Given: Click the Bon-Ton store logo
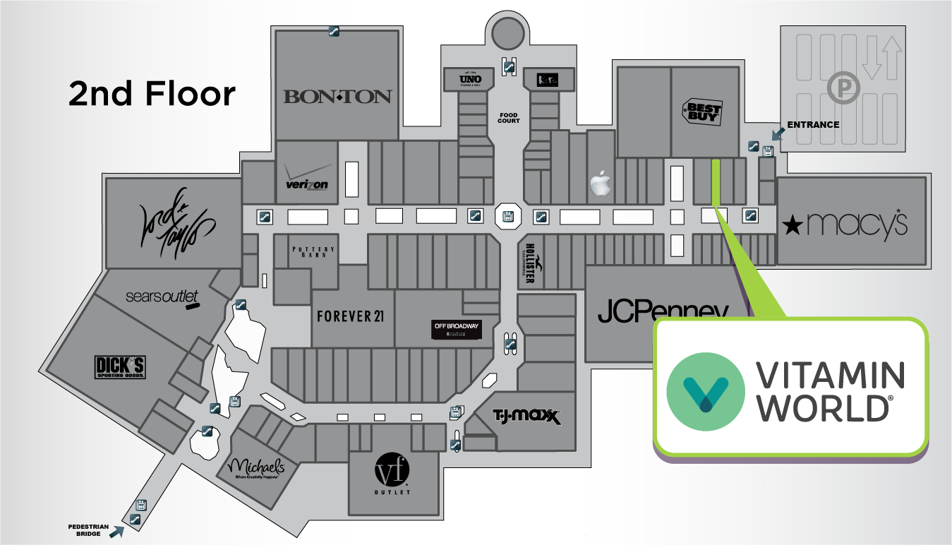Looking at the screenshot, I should click(x=337, y=97).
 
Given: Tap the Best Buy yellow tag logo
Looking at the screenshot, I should click(x=703, y=112).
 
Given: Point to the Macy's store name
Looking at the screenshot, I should click(x=845, y=224).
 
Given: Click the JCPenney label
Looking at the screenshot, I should click(x=662, y=311).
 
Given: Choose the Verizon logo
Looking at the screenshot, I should click(x=307, y=179).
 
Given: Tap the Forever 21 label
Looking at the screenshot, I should click(x=350, y=316).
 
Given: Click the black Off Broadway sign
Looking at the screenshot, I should click(x=457, y=330).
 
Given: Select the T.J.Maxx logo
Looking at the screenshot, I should click(x=526, y=417).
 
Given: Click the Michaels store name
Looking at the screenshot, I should click(x=256, y=468).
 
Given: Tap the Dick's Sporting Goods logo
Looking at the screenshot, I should click(x=120, y=367).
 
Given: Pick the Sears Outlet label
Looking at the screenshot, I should click(x=162, y=297).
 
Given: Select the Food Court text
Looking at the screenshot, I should click(x=508, y=118).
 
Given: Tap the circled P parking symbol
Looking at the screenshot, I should click(x=840, y=88).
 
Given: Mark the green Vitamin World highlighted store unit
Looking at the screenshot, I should click(x=716, y=182).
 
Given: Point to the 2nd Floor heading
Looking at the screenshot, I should click(x=152, y=94).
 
